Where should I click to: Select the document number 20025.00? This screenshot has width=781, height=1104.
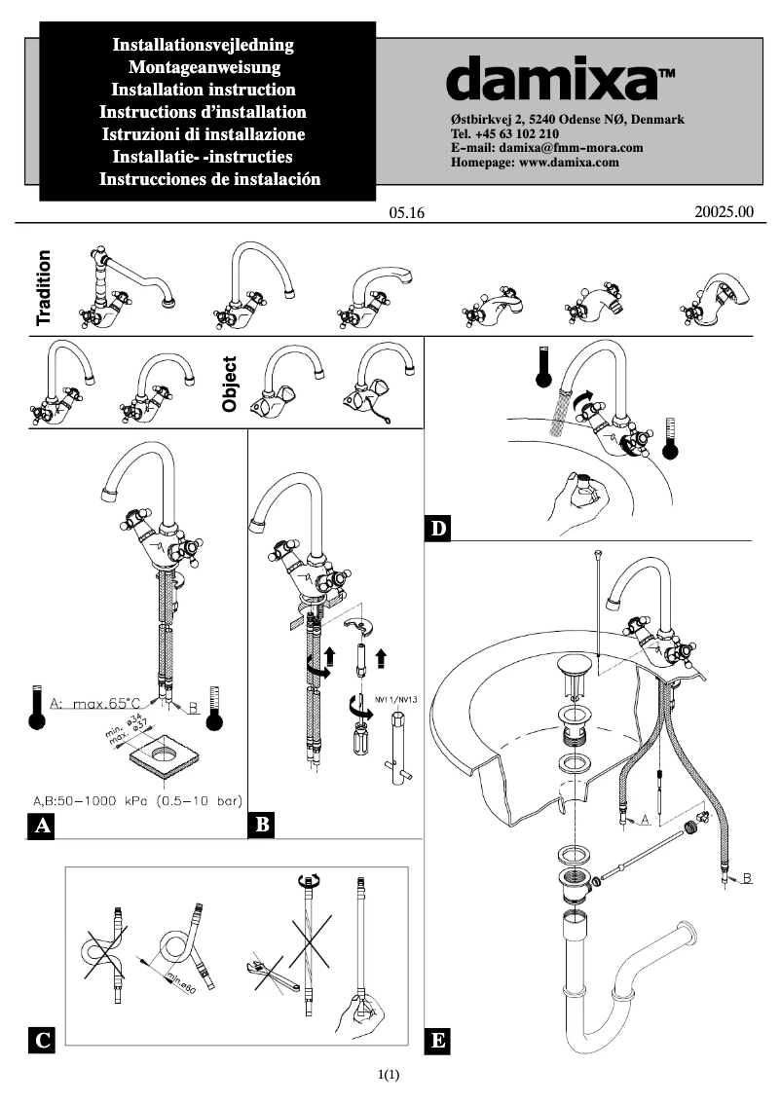coord(725,210)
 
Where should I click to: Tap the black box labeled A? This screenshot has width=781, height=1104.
coord(41,827)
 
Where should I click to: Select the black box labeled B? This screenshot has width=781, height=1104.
coord(263,827)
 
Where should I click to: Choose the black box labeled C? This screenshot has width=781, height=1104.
coord(41,1040)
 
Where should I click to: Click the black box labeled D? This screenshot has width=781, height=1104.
coord(439,530)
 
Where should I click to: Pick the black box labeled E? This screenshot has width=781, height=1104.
coord(439,1042)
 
